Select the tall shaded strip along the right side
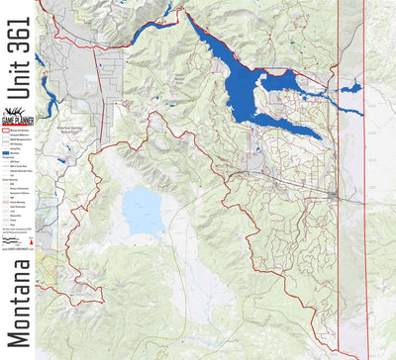point(350,178)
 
